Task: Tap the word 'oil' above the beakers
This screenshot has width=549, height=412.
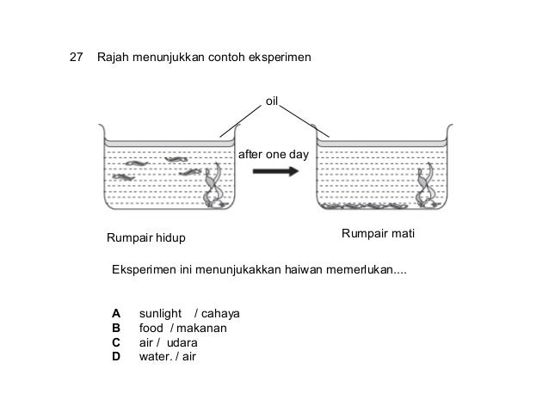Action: [x=274, y=101]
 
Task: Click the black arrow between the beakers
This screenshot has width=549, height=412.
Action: [x=274, y=171]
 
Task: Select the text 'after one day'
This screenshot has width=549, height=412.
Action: [x=273, y=154]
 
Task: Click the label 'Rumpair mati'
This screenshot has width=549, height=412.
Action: [x=379, y=234]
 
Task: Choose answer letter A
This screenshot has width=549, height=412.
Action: [x=115, y=312]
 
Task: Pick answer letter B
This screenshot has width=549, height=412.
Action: [x=115, y=327]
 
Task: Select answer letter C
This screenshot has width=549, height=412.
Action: [x=115, y=341]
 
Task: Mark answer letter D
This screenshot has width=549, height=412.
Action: [x=115, y=356]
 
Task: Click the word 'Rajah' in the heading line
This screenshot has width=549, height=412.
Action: [x=114, y=58]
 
